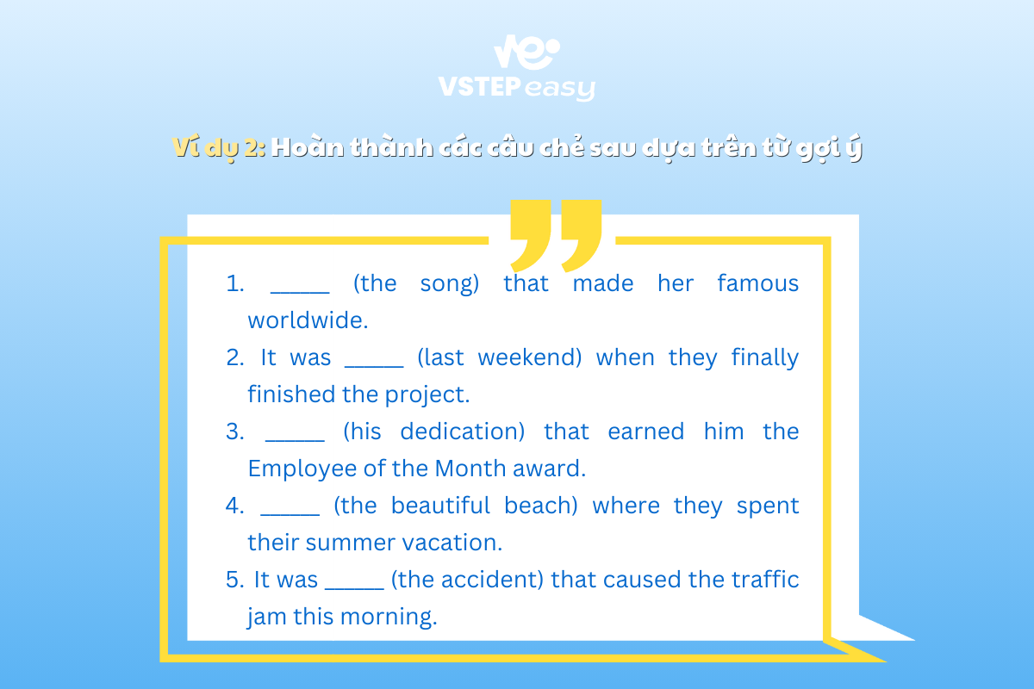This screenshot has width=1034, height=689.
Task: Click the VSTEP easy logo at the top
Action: pyautogui.click(x=517, y=68)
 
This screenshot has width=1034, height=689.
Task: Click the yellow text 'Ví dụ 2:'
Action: pyautogui.click(x=219, y=147)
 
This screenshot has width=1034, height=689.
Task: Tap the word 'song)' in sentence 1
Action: pyautogui.click(x=450, y=284)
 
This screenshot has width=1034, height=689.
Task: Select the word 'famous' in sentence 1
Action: pyautogui.click(x=758, y=282)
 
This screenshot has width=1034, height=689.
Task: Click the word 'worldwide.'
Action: pyautogui.click(x=308, y=320)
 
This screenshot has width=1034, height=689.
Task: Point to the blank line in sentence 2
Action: pyautogui.click(x=374, y=367)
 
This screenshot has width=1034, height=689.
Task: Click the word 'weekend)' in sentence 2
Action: pyautogui.click(x=530, y=357)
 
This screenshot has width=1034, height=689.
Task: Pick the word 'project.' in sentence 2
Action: pyautogui.click(x=427, y=395)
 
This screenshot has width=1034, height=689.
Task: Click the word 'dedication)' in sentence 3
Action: pyautogui.click(x=463, y=431)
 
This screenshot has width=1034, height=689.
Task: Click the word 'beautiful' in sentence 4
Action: pyautogui.click(x=440, y=505)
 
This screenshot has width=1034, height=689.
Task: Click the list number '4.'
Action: pyautogui.click(x=235, y=506)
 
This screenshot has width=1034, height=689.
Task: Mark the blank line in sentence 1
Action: pyautogui.click(x=300, y=293)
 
